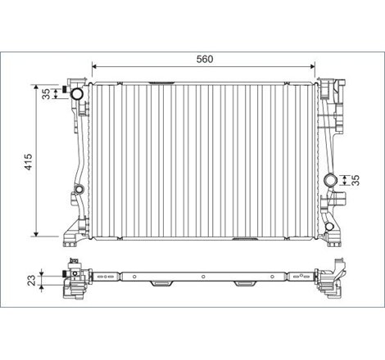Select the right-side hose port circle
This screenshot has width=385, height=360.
[330, 181]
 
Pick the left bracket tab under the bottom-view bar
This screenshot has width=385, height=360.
[161, 284]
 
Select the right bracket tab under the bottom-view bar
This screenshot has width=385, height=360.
[243, 284]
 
